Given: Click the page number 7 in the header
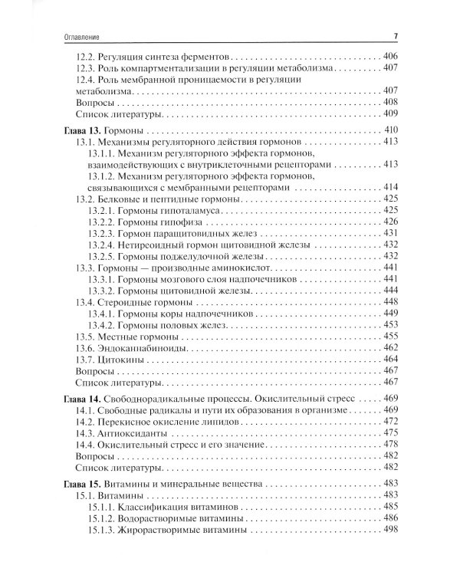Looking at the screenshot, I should pos(394,35).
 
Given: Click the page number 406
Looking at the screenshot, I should pos(389,57).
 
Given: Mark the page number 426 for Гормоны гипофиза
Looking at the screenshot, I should pos(389,221).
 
